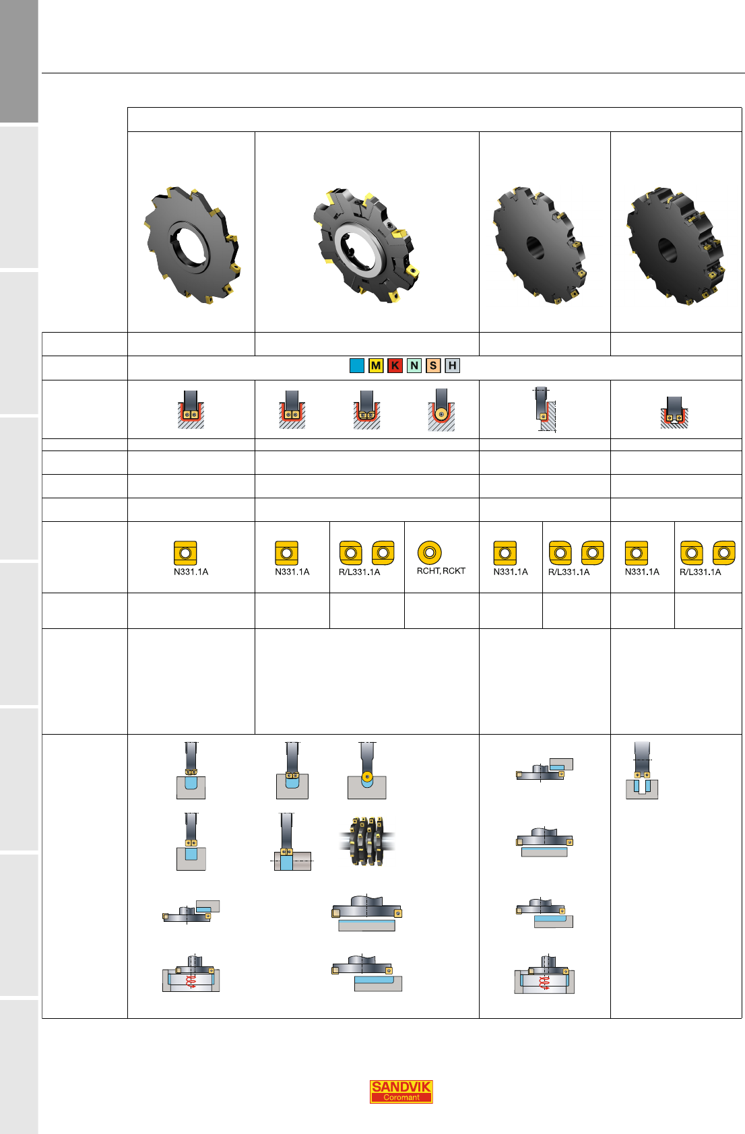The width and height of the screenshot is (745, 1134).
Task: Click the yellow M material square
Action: pos(376,366)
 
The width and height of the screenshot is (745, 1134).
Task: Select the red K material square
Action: pos(395,366)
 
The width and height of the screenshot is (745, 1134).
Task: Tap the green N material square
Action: pos(414,366)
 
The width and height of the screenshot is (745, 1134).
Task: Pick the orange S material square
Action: pos(433,366)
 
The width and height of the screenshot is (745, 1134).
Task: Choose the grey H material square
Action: pos(452,366)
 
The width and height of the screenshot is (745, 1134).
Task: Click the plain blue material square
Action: pos(357,366)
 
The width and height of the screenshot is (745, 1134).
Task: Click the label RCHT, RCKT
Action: pos(441,571)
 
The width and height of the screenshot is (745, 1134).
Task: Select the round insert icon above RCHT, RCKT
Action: pos(430,553)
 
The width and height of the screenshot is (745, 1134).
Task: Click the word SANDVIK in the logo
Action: pos(401,1087)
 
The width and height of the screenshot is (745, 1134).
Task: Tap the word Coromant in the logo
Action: pos(401,1098)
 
